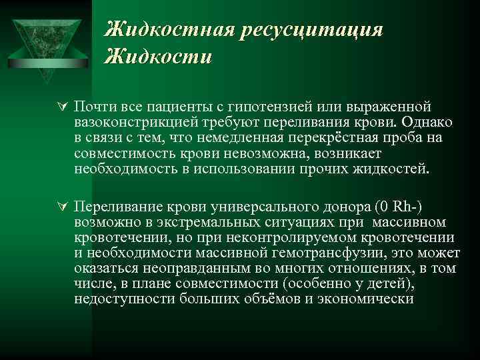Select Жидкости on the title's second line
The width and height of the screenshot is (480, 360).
pos(159,56)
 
